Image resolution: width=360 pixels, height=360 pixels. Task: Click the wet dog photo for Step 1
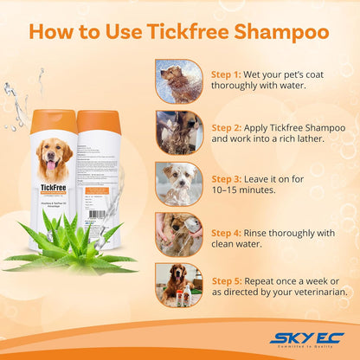(179, 81)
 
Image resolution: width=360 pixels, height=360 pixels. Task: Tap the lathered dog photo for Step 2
(179, 132)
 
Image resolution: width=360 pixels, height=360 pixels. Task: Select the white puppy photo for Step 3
(179, 182)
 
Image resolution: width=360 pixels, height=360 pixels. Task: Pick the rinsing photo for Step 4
(179, 232)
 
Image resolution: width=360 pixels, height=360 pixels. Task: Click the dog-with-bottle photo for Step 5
(179, 285)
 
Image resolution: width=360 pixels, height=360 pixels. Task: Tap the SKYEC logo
(306, 337)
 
